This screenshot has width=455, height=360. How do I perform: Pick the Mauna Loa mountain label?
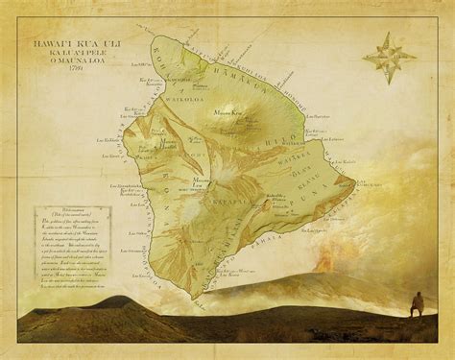[x=204, y=185]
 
